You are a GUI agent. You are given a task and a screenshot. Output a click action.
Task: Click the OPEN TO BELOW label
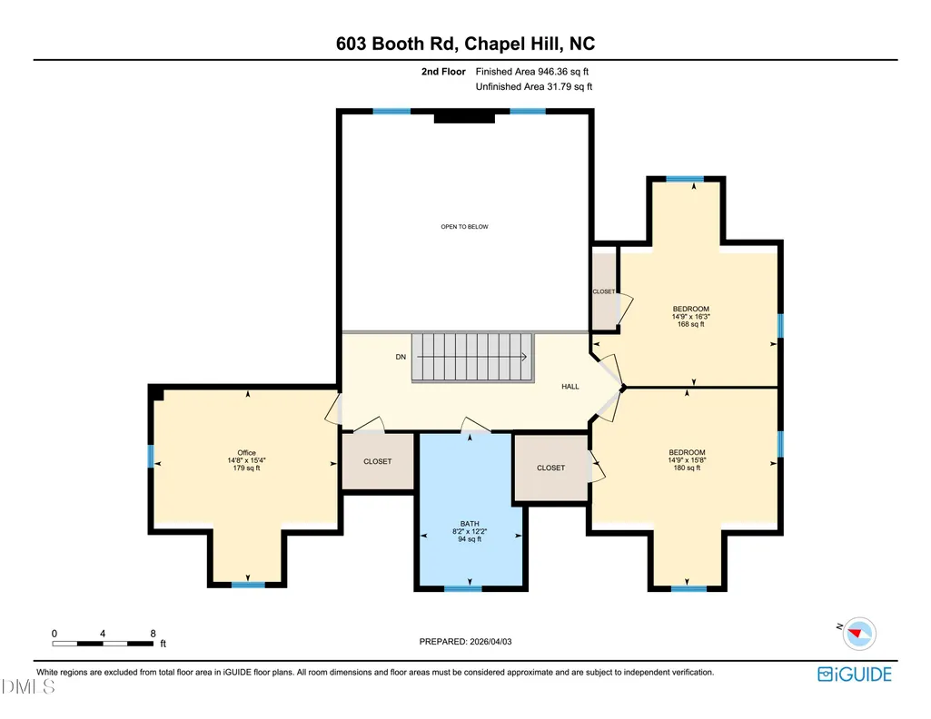pyautogui.click(x=464, y=227)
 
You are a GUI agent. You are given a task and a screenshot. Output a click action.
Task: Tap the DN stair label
pyautogui.click(x=401, y=357)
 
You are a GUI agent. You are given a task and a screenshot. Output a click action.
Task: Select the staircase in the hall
pyautogui.click(x=472, y=357)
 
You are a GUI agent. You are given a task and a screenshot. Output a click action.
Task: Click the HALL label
pyautogui.click(x=570, y=386)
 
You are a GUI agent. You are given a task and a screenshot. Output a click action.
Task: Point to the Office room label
pyautogui.click(x=246, y=453)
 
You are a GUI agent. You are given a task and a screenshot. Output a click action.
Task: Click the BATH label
pyautogui.click(x=470, y=524)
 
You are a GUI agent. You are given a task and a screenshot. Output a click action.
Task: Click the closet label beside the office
pyautogui.click(x=378, y=461)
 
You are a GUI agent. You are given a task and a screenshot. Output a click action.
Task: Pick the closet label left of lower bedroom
pyautogui.click(x=551, y=468)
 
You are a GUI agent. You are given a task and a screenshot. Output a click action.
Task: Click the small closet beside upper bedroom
pyautogui.click(x=604, y=291)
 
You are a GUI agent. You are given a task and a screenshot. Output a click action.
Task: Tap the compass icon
pyautogui.click(x=859, y=634)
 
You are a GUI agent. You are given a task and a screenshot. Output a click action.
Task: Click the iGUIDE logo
pyautogui.click(x=855, y=675)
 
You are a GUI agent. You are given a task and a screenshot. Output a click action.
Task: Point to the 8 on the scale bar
pyautogui.click(x=153, y=634)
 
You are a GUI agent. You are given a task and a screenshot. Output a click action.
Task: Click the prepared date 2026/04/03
pyautogui.click(x=490, y=641)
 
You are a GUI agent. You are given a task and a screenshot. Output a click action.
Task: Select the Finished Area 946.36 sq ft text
pyautogui.click(x=532, y=72)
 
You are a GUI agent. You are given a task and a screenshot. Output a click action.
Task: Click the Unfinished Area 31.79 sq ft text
pyautogui.click(x=534, y=86)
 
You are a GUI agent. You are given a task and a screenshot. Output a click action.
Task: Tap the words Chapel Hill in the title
pyautogui.click(x=511, y=44)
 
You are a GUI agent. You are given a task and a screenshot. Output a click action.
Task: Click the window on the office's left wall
pyautogui.click(x=151, y=457)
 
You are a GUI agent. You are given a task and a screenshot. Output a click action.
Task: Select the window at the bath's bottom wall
pyautogui.click(x=463, y=588)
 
